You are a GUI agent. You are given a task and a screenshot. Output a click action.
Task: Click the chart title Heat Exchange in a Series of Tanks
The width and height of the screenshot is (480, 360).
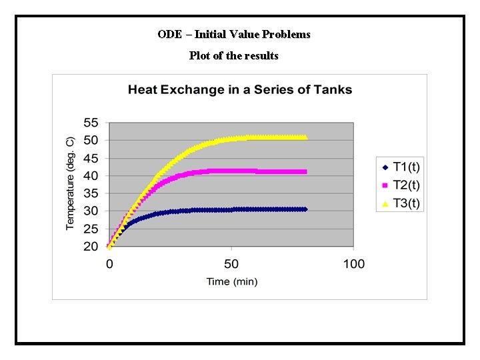click(x=239, y=89)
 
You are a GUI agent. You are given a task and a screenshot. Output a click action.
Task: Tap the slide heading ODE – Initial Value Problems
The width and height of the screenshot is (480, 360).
click(x=234, y=34)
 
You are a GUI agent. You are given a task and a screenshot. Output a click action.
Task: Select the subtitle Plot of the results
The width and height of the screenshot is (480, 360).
click(x=233, y=55)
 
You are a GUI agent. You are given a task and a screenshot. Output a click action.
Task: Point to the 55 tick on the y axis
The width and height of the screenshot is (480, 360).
click(x=90, y=123)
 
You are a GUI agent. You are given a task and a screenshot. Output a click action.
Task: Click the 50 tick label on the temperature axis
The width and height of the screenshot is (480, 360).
click(x=90, y=141)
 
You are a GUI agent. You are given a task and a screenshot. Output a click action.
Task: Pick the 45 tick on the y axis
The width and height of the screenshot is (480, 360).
click(x=90, y=159)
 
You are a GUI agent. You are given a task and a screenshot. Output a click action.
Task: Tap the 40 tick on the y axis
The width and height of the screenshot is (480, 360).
click(x=90, y=176)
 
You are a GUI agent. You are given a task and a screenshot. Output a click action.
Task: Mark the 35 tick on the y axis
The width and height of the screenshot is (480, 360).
click(x=90, y=194)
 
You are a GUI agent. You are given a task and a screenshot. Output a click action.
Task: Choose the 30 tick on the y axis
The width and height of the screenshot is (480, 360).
click(x=90, y=211)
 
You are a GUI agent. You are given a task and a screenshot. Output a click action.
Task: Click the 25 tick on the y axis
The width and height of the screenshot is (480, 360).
click(x=90, y=229)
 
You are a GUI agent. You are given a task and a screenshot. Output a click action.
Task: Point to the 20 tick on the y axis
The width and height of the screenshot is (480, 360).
click(x=90, y=247)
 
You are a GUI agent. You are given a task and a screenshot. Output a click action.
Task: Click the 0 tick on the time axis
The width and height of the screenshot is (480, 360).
click(x=109, y=264)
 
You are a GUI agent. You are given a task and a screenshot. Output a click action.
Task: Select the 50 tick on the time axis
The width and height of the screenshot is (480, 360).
click(x=231, y=264)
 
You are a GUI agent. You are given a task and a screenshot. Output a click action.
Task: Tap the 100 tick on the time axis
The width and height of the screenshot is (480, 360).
click(x=354, y=264)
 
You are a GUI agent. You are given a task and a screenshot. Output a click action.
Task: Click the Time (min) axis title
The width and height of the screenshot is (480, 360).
click(x=232, y=281)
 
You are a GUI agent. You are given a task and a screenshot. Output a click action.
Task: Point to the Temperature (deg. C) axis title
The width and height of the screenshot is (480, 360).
click(x=71, y=184)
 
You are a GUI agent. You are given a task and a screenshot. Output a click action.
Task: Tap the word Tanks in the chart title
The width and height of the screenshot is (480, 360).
click(x=332, y=89)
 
